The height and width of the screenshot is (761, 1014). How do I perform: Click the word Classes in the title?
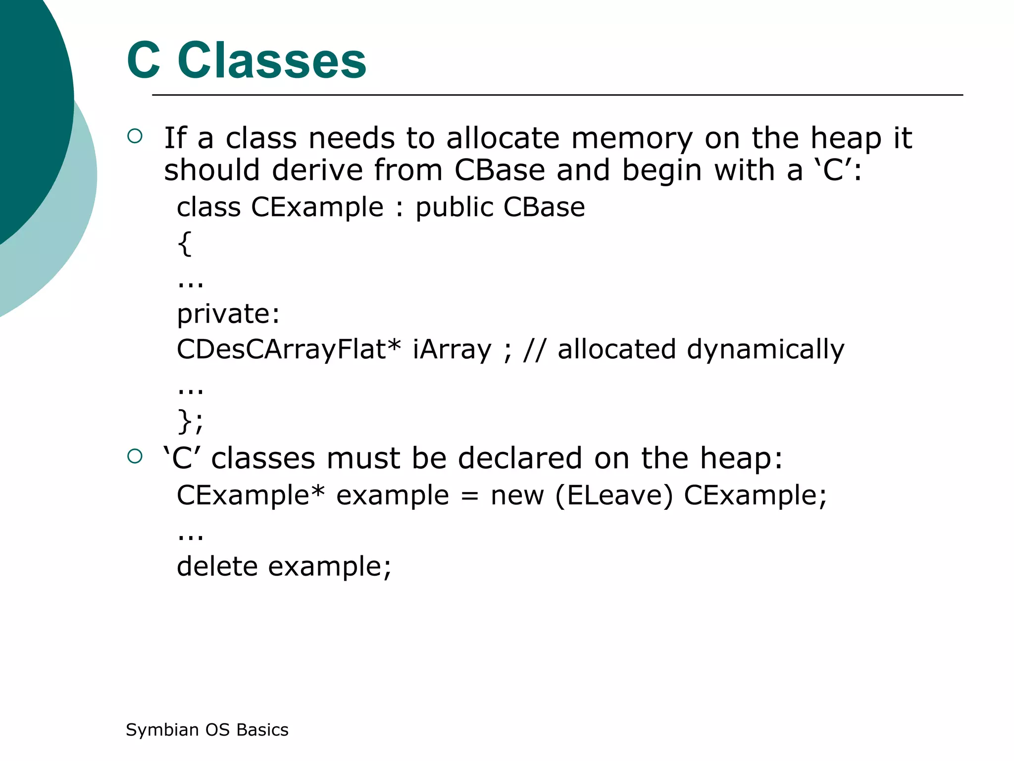pos(272,61)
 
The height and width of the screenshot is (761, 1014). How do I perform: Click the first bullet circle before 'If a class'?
pos(135,136)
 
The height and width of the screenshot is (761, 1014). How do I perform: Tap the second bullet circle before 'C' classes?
pos(135,456)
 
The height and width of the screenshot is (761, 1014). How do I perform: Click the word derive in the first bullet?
pos(317,170)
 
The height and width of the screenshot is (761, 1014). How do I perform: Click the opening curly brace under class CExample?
pos(185,244)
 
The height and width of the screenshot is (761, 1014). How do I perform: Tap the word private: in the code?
pos(228,314)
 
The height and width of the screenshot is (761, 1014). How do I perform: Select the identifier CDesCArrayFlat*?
pos(289,349)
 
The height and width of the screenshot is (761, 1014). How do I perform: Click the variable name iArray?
pos(452,349)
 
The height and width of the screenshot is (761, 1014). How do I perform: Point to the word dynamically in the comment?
pos(765,350)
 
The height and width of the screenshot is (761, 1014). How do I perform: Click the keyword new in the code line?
pos(517,495)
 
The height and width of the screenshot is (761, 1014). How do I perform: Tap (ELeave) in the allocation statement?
pos(614,495)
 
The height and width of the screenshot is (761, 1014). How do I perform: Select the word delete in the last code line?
pos(217,566)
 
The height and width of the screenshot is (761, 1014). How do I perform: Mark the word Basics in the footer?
pos(262,730)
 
